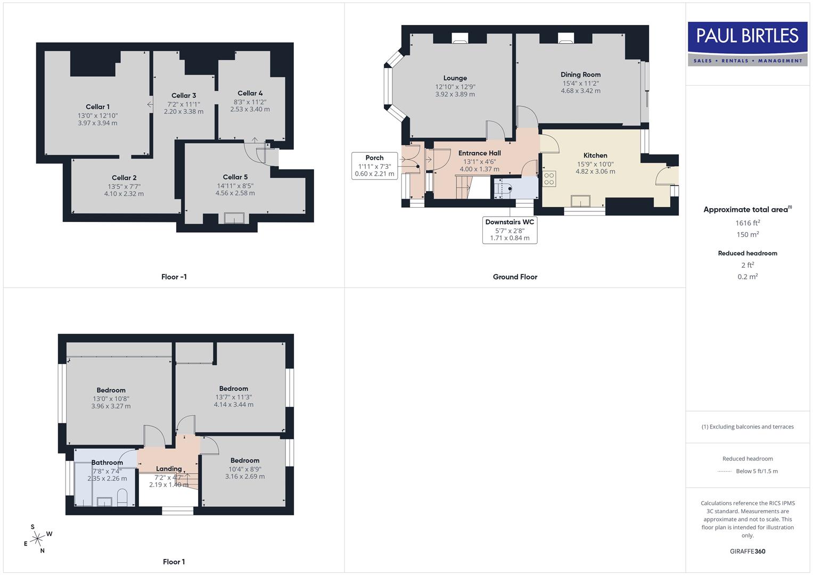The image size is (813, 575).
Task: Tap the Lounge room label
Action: pyautogui.click(x=455, y=78)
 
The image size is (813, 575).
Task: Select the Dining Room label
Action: pyautogui.click(x=580, y=75)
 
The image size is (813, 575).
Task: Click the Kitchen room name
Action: pyautogui.click(x=595, y=155)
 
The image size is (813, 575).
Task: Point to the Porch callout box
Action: pyautogui.click(x=374, y=166)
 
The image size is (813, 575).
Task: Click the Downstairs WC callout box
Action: pyautogui.click(x=510, y=230)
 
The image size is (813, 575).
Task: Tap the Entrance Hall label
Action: pyautogui.click(x=479, y=153)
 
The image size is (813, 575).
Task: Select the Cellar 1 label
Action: pyautogui.click(x=97, y=107)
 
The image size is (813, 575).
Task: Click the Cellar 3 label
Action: pyautogui.click(x=184, y=96)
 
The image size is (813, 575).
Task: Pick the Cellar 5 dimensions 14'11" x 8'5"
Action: pyautogui.click(x=235, y=186)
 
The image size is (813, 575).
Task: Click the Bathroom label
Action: pyautogui.click(x=107, y=462)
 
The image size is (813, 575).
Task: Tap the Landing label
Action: pyautogui.click(x=169, y=469)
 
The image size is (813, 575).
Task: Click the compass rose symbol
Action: pyautogui.click(x=37, y=539)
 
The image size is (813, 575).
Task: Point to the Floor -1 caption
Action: pyautogui.click(x=174, y=277)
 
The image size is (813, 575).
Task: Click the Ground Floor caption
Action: pyautogui.click(x=515, y=277)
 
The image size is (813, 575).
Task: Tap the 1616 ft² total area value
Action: pyautogui.click(x=748, y=223)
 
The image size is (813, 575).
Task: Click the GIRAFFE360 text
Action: pyautogui.click(x=748, y=551)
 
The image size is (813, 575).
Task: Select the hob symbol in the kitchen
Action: pyautogui.click(x=549, y=179)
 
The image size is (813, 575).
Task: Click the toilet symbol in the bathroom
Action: pyautogui.click(x=122, y=498)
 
